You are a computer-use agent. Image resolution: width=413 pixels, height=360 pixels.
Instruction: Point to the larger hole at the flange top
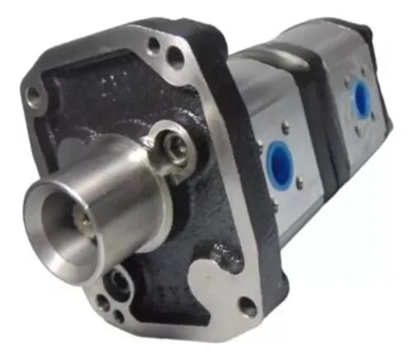point(176,57)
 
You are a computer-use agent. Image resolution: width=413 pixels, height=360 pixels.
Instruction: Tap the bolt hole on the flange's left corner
point(34,97)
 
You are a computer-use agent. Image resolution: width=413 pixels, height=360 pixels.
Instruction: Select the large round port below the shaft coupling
point(121,282)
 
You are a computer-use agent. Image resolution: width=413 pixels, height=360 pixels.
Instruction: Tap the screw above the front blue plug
point(286,128)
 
